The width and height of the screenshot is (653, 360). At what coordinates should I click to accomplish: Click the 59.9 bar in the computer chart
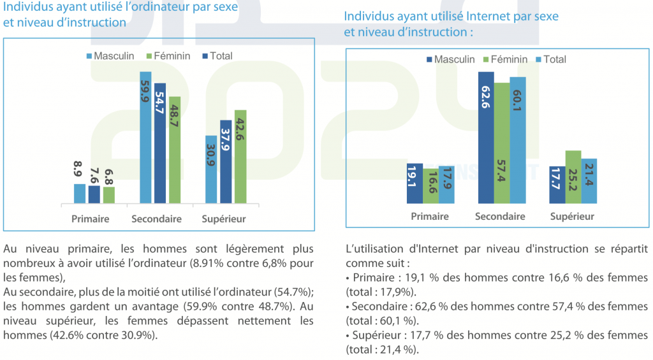point(145,138)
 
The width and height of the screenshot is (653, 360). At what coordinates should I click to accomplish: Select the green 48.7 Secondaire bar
point(174,150)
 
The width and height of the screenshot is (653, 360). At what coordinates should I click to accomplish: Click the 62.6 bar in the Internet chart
point(486,138)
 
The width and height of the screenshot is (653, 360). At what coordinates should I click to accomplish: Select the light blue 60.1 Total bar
point(517,140)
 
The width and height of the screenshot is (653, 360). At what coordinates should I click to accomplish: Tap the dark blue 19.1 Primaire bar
point(415,184)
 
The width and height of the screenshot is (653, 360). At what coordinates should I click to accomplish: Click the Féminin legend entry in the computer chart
point(168,56)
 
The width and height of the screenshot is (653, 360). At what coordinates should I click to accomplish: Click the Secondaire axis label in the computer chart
point(157,219)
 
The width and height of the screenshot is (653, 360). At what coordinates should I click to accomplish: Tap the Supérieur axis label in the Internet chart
point(572,217)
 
